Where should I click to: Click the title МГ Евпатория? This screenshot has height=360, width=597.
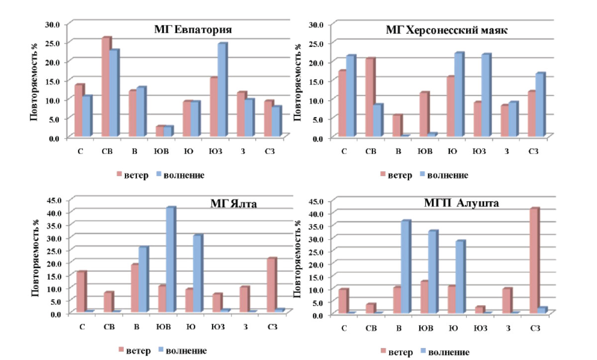coord(193,29)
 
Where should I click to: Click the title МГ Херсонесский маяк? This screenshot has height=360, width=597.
coord(447,30)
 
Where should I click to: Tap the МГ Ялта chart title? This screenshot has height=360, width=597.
coord(233,204)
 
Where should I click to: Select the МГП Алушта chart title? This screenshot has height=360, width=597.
coord(461,203)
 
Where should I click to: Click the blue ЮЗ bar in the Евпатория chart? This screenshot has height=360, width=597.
coord(222,90)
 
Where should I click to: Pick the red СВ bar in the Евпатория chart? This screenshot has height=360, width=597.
coord(106,87)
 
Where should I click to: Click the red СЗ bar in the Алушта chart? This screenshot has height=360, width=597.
coord(535,261)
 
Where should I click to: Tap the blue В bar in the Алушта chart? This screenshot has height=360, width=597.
coord(406,267)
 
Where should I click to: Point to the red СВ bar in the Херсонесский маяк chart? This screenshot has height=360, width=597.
coord(371,97)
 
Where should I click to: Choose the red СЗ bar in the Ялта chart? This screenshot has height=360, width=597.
coord(272,285)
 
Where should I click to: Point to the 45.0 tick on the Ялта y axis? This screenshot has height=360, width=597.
coord(54,200)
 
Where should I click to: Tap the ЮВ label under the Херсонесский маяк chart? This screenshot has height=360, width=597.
coord(425,151)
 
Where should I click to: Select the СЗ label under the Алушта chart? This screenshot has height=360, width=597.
coord(535,328)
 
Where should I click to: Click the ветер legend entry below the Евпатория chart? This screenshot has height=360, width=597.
coord(132,175)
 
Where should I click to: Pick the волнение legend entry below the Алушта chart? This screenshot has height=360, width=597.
coord(445,352)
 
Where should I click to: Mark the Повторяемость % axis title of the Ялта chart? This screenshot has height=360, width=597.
coord(35,258)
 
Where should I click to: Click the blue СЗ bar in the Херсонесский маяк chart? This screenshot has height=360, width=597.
coord(540,104)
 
